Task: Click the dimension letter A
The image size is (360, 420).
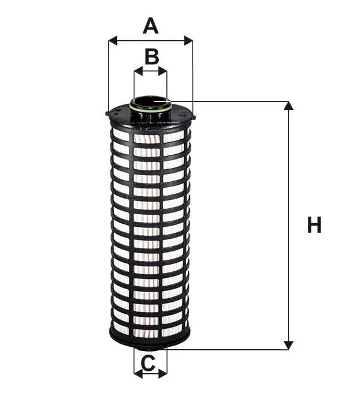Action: [x=151, y=26]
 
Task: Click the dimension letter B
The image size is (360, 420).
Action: [x=152, y=56]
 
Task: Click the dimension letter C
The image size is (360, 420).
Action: [x=148, y=363]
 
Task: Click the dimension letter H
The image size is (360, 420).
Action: [x=314, y=224]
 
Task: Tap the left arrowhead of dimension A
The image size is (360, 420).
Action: [x=113, y=41]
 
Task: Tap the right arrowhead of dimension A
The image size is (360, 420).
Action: [x=188, y=41]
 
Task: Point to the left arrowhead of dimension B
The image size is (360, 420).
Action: [x=138, y=71]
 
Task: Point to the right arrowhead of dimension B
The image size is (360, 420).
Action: [x=163, y=71]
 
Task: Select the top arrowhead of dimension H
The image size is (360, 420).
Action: [x=288, y=106]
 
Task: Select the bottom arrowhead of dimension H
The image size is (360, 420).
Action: [x=288, y=345]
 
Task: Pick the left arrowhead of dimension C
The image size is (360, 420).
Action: [x=139, y=373]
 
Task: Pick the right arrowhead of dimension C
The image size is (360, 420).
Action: [x=163, y=373]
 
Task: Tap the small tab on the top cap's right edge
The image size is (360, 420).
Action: [x=194, y=118]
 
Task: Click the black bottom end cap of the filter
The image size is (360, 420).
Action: [x=150, y=340]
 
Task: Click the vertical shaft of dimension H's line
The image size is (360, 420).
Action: [x=288, y=226]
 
